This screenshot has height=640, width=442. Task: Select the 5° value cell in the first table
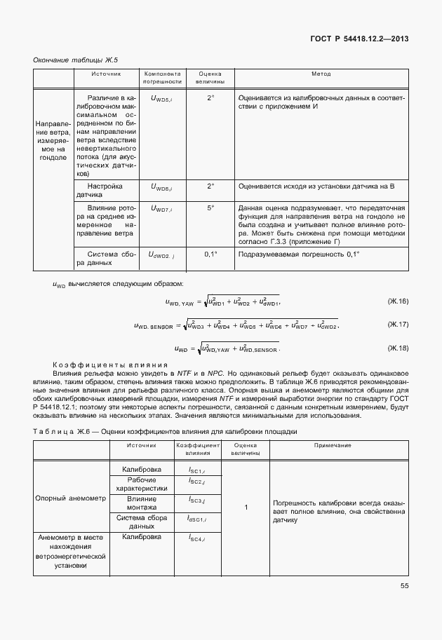click(210, 209)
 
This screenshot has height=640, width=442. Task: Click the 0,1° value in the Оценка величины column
click(210, 254)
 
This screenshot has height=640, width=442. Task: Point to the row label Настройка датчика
click(105, 191)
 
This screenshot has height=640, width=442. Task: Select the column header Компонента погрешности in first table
click(163, 77)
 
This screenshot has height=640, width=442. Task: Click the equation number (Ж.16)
click(398, 301)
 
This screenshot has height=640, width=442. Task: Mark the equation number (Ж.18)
click(398, 348)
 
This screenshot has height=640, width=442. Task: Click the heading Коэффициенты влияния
click(110, 365)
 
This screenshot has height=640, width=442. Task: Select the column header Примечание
click(338, 446)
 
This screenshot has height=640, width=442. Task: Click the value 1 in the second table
click(246, 506)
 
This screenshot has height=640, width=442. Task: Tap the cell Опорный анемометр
click(70, 498)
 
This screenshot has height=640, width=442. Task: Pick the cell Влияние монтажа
click(142, 503)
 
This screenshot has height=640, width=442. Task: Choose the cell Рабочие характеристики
click(142, 484)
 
